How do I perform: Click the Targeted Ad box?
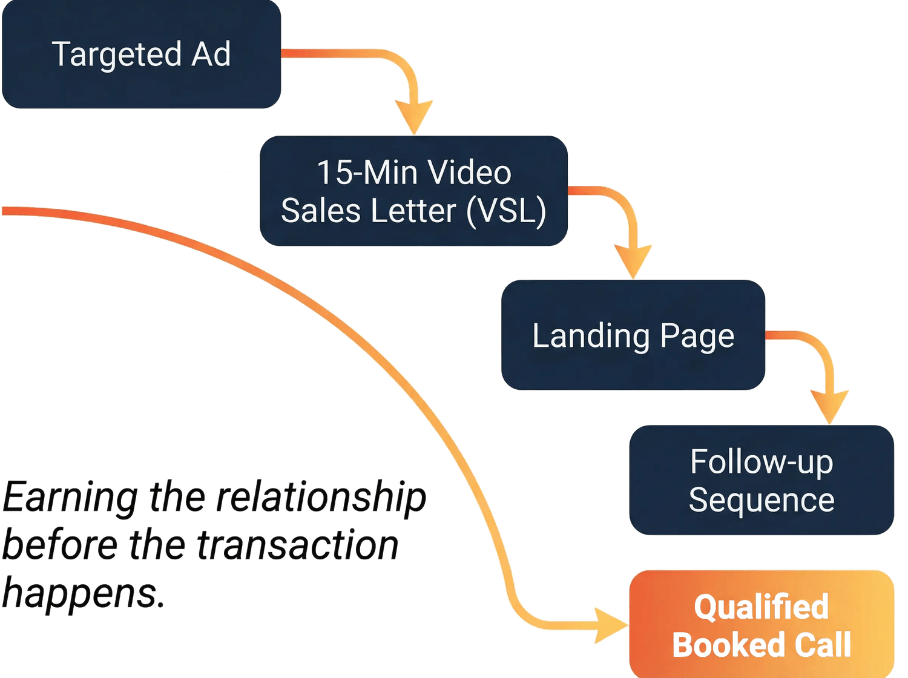141,54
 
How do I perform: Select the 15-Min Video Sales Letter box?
413,191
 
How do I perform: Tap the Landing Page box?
633,335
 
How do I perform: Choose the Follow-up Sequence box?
762,480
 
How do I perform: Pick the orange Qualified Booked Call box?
762,624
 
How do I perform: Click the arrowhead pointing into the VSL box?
414,116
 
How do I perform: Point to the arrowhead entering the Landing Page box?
633,260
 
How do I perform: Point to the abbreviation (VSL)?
506,211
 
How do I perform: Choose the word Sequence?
762,500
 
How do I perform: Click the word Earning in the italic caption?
70,498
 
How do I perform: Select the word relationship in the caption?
321,498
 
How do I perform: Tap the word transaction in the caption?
297,545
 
